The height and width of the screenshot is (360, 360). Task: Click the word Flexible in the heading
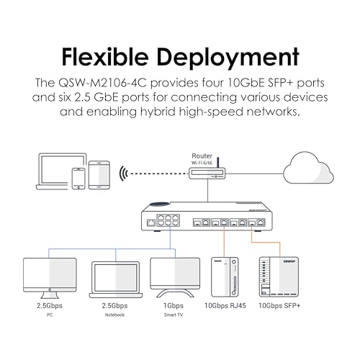pyautogui.click(x=105, y=57)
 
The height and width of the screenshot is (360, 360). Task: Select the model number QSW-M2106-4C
pyautogui.click(x=102, y=83)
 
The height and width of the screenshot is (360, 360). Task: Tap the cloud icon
pyautogui.click(x=308, y=168)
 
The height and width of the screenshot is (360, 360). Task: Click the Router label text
pyautogui.click(x=202, y=156)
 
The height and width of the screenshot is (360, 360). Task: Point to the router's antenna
pyautogui.click(x=218, y=162)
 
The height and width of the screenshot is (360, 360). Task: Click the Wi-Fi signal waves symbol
pyautogui.click(x=123, y=174)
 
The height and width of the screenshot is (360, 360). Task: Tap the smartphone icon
pyautogui.click(x=78, y=179)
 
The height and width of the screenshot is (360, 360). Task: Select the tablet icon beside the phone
pyautogui.click(x=99, y=175)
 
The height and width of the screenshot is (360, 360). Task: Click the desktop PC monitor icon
pyautogui.click(x=50, y=278)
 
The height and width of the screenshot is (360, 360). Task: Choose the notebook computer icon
pyautogui.click(x=116, y=280)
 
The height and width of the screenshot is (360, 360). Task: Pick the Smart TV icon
pyautogui.click(x=175, y=278)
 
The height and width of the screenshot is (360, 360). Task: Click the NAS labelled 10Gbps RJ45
pyautogui.click(x=225, y=277)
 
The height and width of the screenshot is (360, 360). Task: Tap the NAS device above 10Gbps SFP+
pyautogui.click(x=279, y=277)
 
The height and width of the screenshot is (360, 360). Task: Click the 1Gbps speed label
pyautogui.click(x=174, y=306)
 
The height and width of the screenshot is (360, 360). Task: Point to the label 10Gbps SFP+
pyautogui.click(x=279, y=306)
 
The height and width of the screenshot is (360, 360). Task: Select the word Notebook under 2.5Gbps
pyautogui.click(x=114, y=315)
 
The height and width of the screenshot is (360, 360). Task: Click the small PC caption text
pyautogui.click(x=50, y=315)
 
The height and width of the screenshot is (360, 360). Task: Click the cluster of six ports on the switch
pyautogui.click(x=168, y=220)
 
